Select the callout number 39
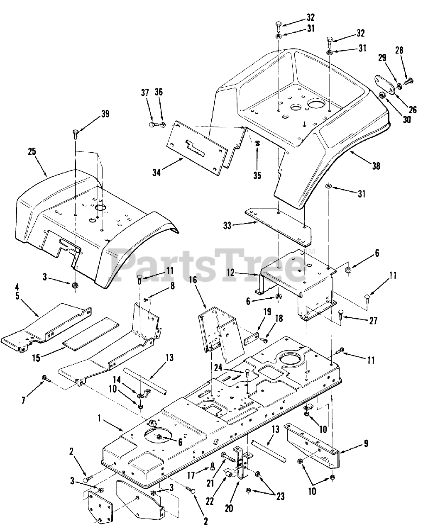click(105, 114)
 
